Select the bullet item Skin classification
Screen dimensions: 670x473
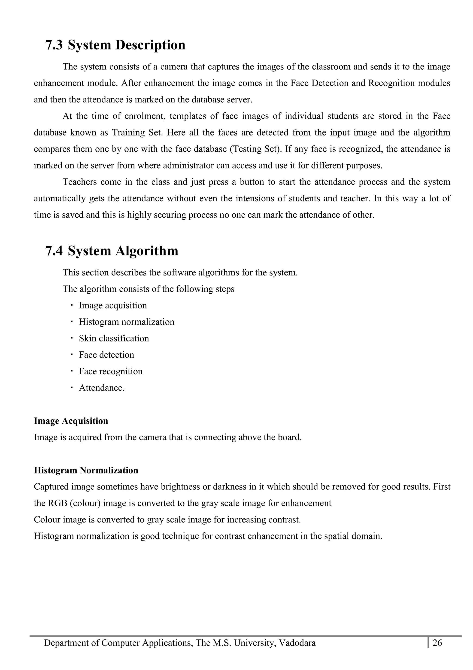click(x=114, y=338)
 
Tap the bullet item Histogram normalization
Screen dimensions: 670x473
click(x=127, y=322)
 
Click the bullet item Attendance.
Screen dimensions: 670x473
click(x=101, y=388)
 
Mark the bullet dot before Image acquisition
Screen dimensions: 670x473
click(x=71, y=305)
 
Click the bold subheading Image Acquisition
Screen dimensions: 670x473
click(x=71, y=421)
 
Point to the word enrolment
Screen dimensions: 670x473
click(x=145, y=116)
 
